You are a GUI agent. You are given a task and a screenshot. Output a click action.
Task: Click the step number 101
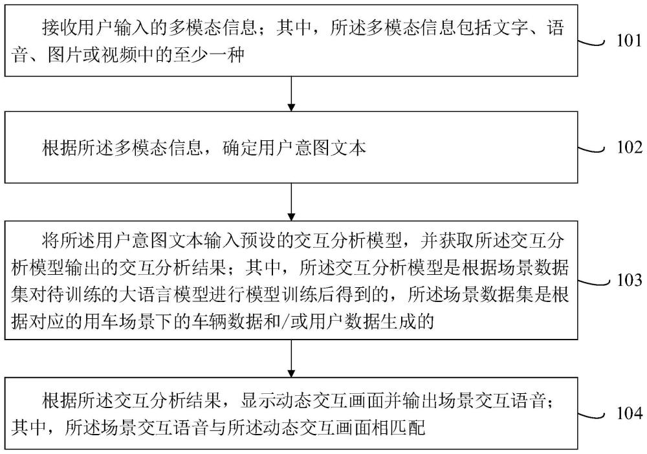pyautogui.click(x=630, y=41)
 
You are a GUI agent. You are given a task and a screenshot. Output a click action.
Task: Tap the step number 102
pyautogui.click(x=630, y=147)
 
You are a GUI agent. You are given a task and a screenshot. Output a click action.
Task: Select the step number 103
pyautogui.click(x=630, y=281)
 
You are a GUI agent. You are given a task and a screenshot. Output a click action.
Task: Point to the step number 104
pyautogui.click(x=630, y=413)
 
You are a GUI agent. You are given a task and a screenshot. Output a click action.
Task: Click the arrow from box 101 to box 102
pyautogui.click(x=291, y=94)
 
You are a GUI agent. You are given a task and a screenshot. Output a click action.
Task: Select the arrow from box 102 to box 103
pyautogui.click(x=291, y=202)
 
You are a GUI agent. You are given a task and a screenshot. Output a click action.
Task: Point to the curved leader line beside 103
pyautogui.click(x=594, y=281)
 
